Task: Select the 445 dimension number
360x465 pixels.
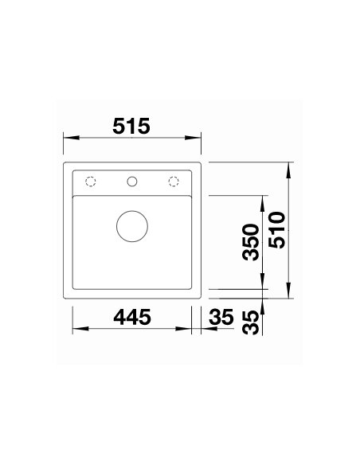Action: pyautogui.click(x=131, y=317)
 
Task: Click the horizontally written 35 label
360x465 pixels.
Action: pyautogui.click(x=221, y=317)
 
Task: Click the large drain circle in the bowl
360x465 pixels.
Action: pyautogui.click(x=132, y=226)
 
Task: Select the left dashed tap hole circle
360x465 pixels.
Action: pyautogui.click(x=91, y=181)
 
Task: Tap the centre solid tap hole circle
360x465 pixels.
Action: pyautogui.click(x=132, y=181)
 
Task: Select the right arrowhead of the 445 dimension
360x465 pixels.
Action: pyautogui.click(x=190, y=330)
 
